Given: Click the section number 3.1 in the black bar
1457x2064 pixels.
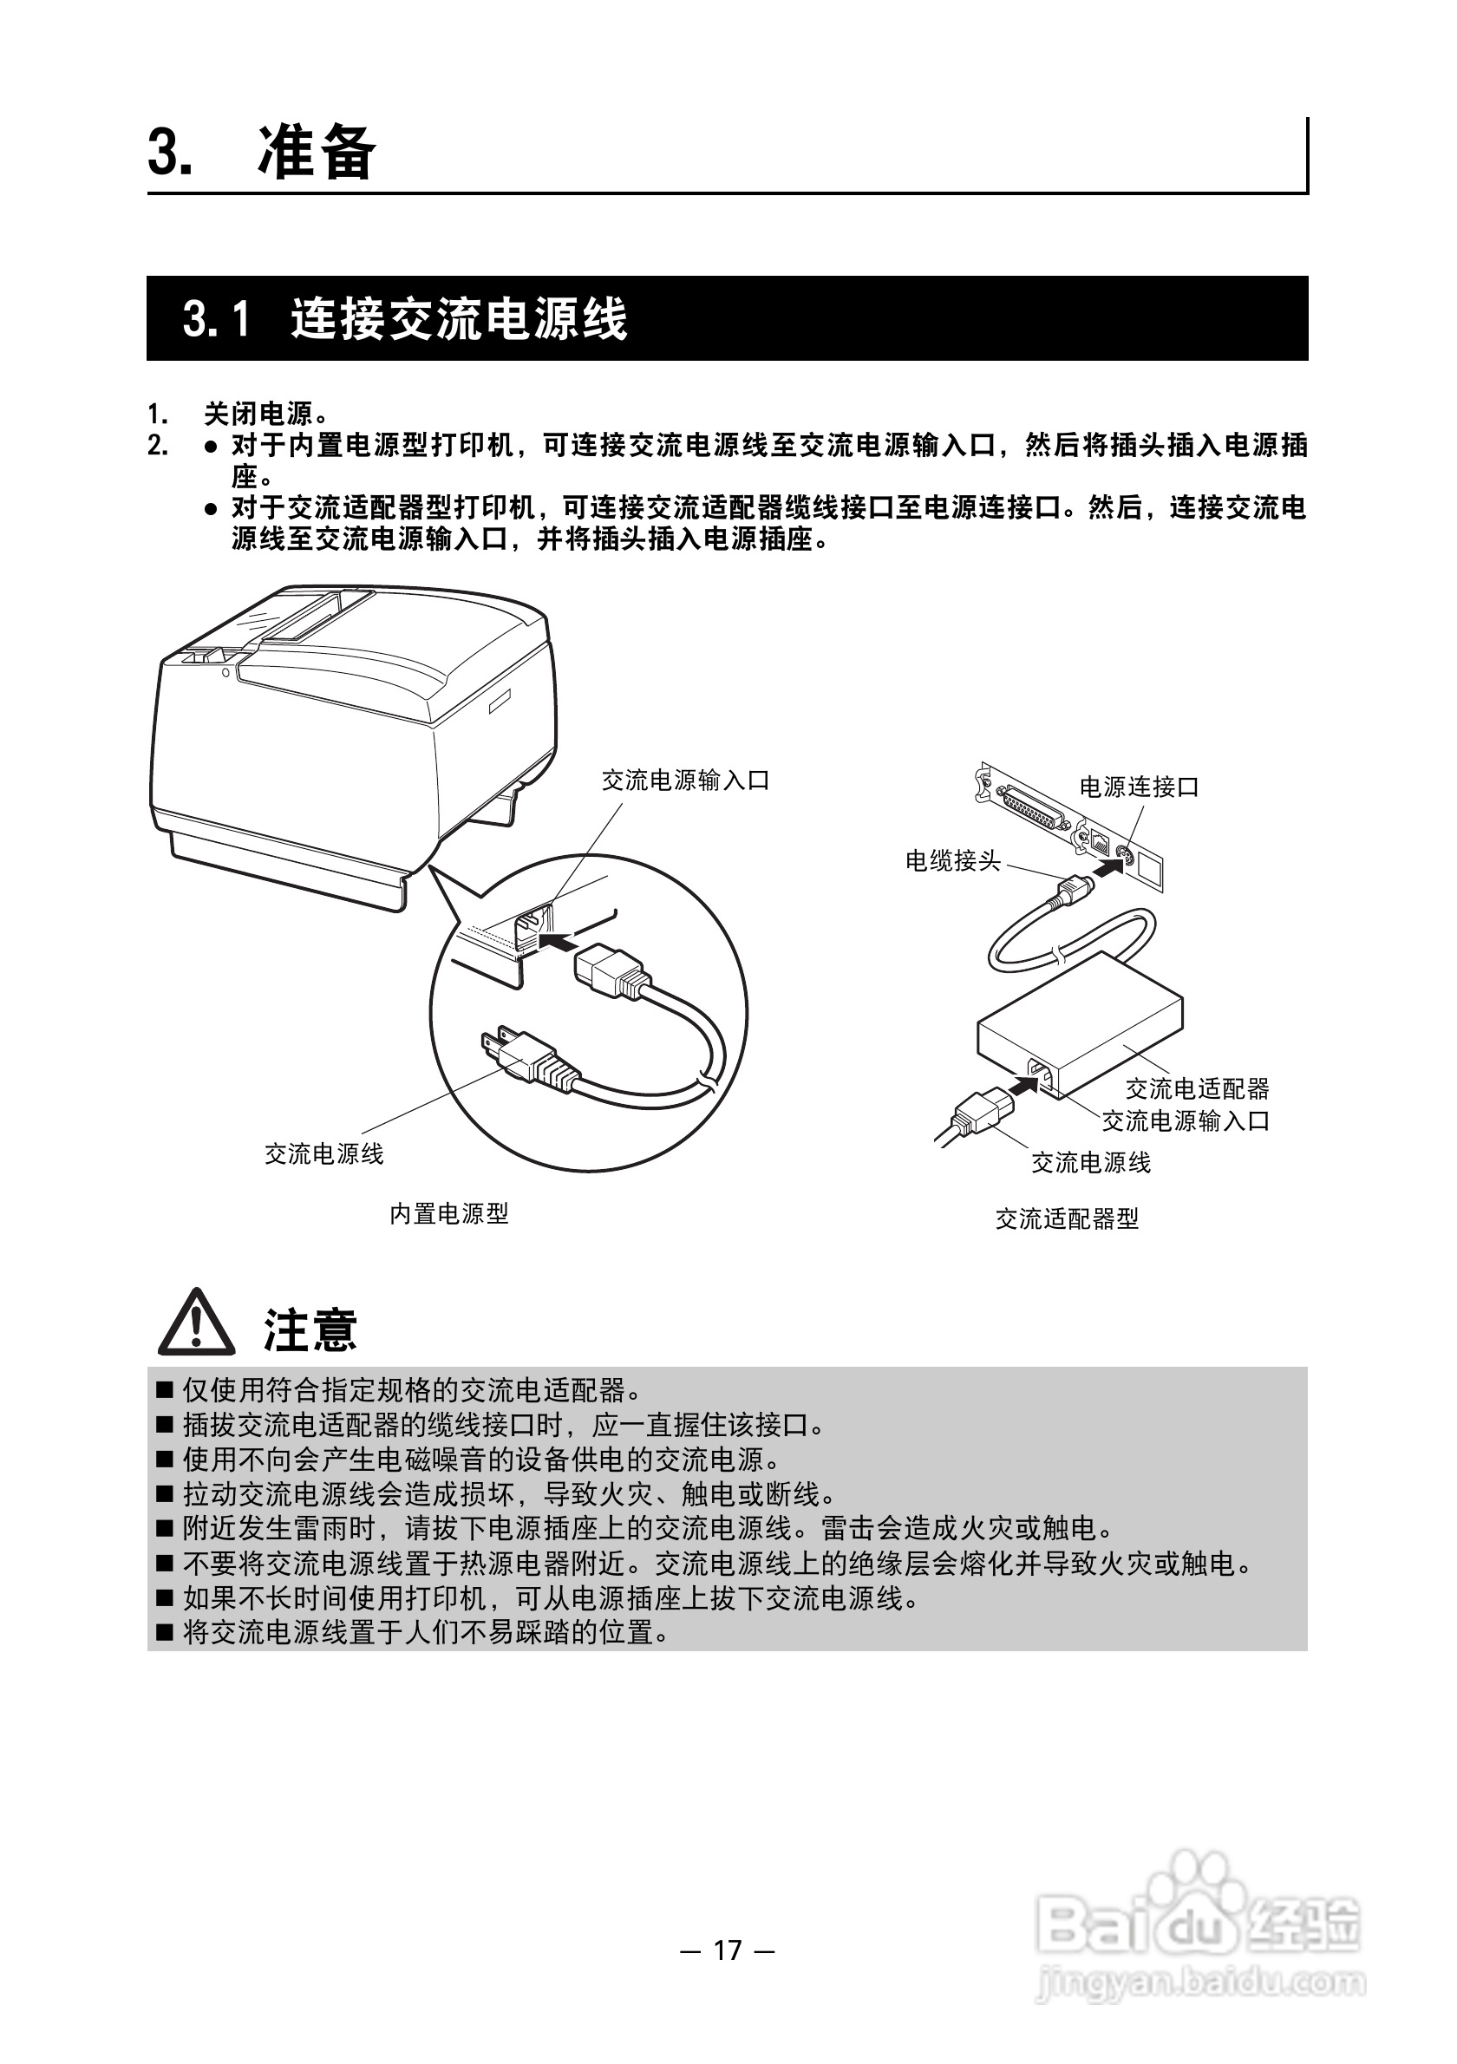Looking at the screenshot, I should point(216,318).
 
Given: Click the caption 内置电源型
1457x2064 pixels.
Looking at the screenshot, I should point(448,1213).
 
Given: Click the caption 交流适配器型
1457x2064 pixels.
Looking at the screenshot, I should point(1067,1219).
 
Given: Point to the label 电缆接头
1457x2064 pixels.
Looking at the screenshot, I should point(953,860).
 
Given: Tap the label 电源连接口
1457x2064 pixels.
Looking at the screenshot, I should point(1139,787).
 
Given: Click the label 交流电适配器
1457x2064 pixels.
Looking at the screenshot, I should point(1197,1088).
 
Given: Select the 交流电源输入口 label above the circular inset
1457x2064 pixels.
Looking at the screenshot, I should point(686,781).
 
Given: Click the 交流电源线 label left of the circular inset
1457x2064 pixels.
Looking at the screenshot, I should point(323,1153).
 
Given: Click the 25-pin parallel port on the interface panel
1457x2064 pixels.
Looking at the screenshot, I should point(1035,807).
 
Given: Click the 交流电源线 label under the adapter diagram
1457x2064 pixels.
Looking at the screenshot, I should point(1090,1162).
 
